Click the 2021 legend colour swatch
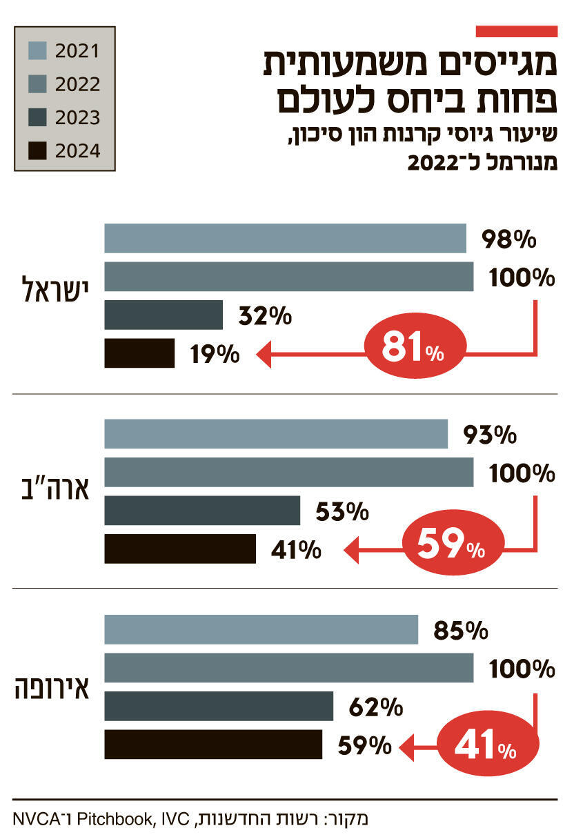38,50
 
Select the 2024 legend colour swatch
38,150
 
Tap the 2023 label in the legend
77,117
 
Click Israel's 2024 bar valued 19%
139,353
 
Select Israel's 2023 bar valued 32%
164,315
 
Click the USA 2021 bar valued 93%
276,434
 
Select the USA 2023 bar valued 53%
202,511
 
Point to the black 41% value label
294,549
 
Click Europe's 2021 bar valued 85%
261,630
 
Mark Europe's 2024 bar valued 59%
213,745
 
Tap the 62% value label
376,707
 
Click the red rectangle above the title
516,31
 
